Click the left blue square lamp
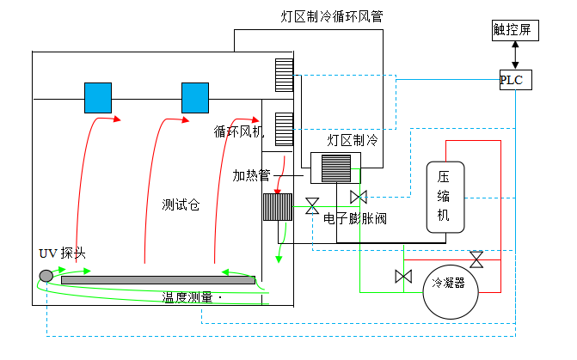[98, 97]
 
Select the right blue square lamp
[195, 97]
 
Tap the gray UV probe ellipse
[46, 276]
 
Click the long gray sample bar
[157, 280]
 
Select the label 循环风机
[239, 132]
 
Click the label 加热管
[251, 175]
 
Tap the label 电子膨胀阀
[355, 219]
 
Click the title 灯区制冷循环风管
[330, 16]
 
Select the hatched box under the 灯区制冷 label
[335, 168]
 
